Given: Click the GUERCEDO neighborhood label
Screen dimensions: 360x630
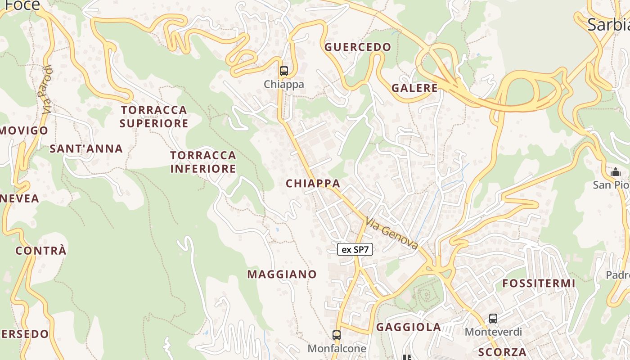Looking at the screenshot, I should [358, 47].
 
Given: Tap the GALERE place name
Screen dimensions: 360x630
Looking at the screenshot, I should [414, 88].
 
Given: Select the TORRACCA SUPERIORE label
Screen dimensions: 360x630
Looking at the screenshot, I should [154, 117].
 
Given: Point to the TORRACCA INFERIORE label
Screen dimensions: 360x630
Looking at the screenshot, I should [203, 162].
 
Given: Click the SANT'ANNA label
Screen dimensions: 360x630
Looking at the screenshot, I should [86, 148].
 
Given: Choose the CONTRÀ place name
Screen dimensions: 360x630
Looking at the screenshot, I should [41, 251].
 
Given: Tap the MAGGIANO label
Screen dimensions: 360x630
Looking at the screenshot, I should [282, 274].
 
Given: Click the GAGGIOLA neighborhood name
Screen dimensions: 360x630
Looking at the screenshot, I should [409, 327].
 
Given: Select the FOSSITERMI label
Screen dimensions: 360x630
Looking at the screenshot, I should [539, 283].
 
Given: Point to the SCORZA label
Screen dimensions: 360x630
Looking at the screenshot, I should [503, 352].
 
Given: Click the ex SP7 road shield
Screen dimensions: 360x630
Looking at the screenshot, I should [355, 249].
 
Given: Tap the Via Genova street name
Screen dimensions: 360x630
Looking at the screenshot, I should [391, 233].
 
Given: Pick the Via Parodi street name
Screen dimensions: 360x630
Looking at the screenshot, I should [46, 90].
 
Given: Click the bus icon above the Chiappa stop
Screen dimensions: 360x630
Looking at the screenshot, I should [283, 71].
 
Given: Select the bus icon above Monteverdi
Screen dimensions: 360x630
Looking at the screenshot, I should [493, 319].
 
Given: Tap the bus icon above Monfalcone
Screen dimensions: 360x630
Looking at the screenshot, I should [337, 335].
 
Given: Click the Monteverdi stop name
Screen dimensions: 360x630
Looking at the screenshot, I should [493, 332].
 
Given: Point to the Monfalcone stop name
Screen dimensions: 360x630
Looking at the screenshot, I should [337, 348].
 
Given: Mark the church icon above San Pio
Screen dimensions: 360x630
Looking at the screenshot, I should [615, 171].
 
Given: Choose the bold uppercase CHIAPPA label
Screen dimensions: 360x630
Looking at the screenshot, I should [313, 183].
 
